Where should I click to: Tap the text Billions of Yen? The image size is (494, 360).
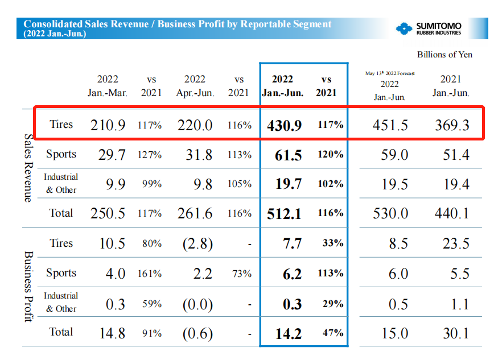[444, 55]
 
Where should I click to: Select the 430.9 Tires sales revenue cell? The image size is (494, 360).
[284, 125]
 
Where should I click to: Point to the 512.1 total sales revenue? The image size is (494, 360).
[284, 214]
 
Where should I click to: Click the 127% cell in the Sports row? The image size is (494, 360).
[151, 155]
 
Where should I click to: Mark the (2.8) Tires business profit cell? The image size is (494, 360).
[197, 244]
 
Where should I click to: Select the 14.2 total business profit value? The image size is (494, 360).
[288, 333]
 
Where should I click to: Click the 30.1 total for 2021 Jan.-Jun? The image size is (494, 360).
[456, 333]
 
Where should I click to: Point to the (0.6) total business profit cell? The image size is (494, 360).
[197, 333]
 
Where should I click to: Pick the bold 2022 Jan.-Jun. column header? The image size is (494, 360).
[283, 86]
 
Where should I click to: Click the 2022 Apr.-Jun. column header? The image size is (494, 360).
[195, 86]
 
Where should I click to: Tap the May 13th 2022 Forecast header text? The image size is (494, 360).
[390, 73]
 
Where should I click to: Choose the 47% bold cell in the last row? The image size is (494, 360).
[332, 333]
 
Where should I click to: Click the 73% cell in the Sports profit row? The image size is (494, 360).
[242, 274]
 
